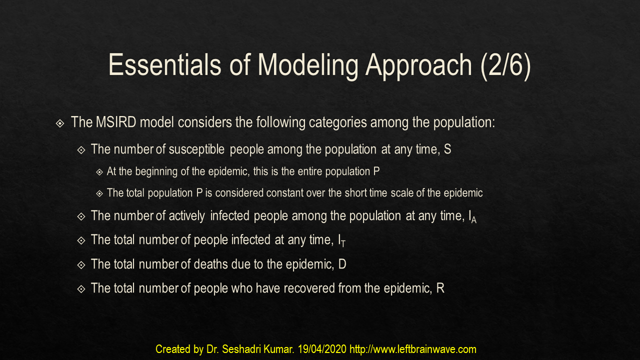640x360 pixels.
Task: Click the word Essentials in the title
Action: (165, 65)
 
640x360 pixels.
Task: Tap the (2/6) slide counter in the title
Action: (505, 66)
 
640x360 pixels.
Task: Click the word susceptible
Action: (196, 149)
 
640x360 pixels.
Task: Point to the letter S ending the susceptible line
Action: (447, 149)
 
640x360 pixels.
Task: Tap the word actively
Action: (187, 216)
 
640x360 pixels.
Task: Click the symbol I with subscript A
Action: (472, 216)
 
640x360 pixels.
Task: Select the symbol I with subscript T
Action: (341, 240)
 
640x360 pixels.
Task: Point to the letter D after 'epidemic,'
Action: (342, 264)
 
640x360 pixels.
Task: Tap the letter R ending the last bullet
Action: (440, 288)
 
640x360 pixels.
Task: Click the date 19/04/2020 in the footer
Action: (322, 349)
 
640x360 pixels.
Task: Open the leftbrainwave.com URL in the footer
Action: (413, 349)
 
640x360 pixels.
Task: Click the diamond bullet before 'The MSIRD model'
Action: (60, 123)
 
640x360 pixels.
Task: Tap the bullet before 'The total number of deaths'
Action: (81, 265)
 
